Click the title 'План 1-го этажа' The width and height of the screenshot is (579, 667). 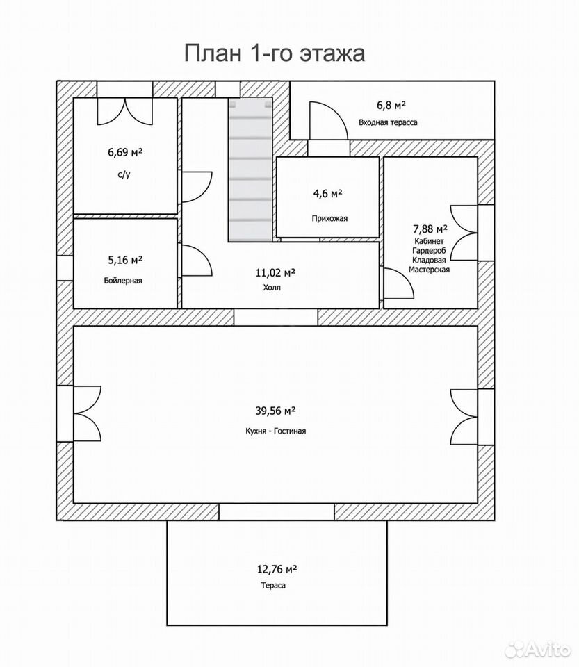point(275,53)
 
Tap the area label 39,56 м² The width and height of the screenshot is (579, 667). point(276,411)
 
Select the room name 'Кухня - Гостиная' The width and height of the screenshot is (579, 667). point(276,431)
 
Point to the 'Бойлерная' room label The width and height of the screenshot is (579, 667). point(123,281)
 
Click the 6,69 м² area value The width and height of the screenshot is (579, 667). point(125,152)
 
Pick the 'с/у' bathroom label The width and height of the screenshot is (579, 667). point(124,174)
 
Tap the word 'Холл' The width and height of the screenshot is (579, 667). point(272,288)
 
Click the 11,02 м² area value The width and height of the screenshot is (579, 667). point(275,272)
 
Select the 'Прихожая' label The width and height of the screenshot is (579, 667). point(329,219)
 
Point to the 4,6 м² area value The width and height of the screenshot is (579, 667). point(328,194)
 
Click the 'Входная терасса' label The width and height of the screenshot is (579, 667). point(388,122)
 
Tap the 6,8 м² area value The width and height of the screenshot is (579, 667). point(391,105)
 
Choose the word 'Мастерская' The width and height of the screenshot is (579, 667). point(430,270)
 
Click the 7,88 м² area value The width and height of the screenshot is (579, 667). point(430,229)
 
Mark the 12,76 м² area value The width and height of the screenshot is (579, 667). point(277,569)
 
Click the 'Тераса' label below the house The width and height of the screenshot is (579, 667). point(273,586)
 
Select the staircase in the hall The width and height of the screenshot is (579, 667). point(250,170)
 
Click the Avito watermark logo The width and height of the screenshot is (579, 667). point(537,649)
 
